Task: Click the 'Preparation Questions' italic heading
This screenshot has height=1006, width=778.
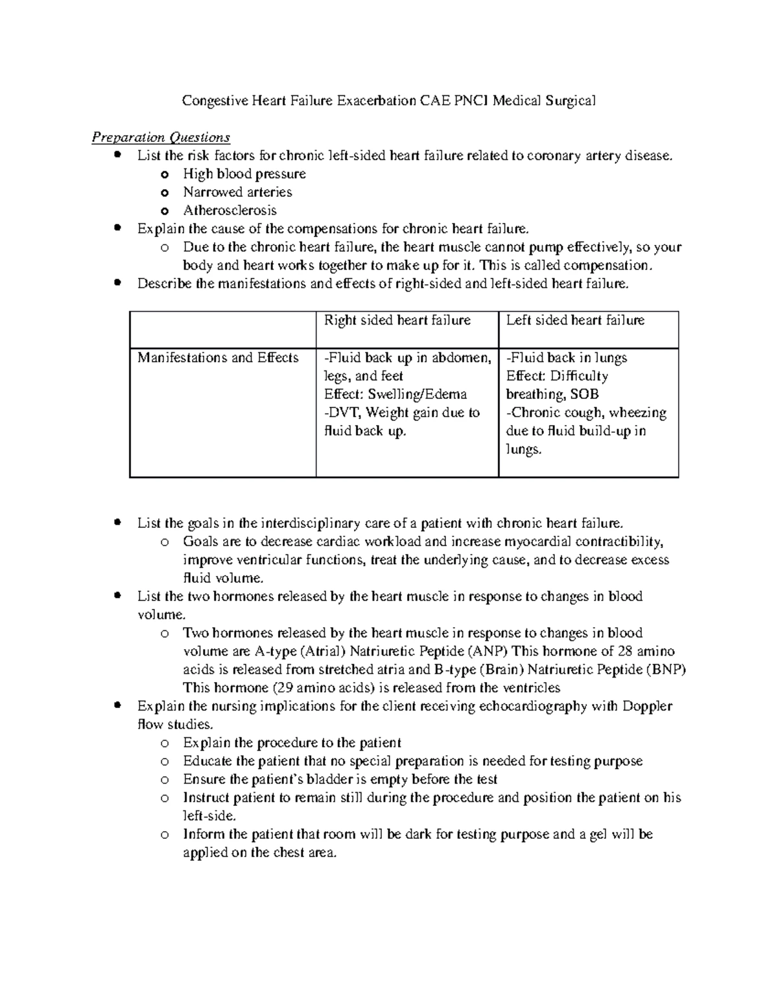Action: pyautogui.click(x=161, y=137)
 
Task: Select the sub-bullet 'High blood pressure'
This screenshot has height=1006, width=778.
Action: pyautogui.click(x=244, y=174)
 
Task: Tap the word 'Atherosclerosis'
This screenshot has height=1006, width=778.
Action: pyautogui.click(x=230, y=210)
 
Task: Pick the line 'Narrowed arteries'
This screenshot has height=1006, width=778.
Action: pyautogui.click(x=237, y=192)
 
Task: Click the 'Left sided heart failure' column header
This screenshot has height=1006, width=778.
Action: pyautogui.click(x=575, y=320)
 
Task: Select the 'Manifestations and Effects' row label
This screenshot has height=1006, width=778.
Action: pyautogui.click(x=218, y=358)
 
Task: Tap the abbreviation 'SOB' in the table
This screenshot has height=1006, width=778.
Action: pyautogui.click(x=585, y=394)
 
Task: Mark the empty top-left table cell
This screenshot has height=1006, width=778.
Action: pyautogui.click(x=222, y=329)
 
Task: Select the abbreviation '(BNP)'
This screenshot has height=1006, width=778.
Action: pyautogui.click(x=666, y=669)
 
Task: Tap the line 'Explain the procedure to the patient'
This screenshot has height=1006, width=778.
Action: pyautogui.click(x=292, y=742)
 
